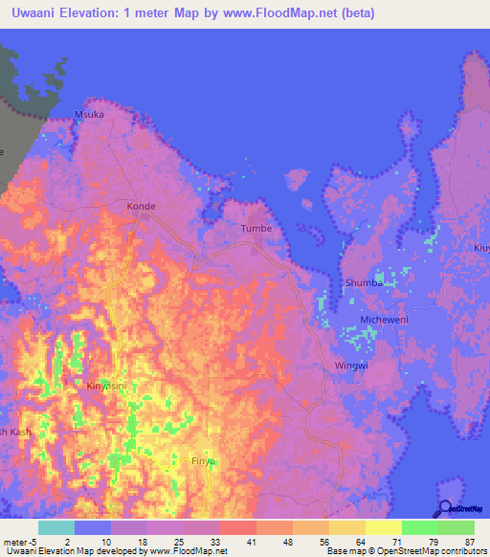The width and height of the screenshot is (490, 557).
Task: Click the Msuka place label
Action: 89,115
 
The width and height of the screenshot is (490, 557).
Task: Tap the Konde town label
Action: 141,206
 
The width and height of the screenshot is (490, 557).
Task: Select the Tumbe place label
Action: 256,229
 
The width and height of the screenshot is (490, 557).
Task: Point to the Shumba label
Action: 364,283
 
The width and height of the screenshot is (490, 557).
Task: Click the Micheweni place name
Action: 384,320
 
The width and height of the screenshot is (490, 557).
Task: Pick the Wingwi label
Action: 351,365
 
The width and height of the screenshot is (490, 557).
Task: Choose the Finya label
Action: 203,461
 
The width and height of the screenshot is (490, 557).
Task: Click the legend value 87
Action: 469,541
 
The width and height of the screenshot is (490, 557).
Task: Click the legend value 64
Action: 358,541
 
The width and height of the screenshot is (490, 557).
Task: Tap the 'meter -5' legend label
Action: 19,541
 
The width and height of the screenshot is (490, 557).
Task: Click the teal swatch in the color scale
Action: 56,527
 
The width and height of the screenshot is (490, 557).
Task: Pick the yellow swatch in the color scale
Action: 384,527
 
